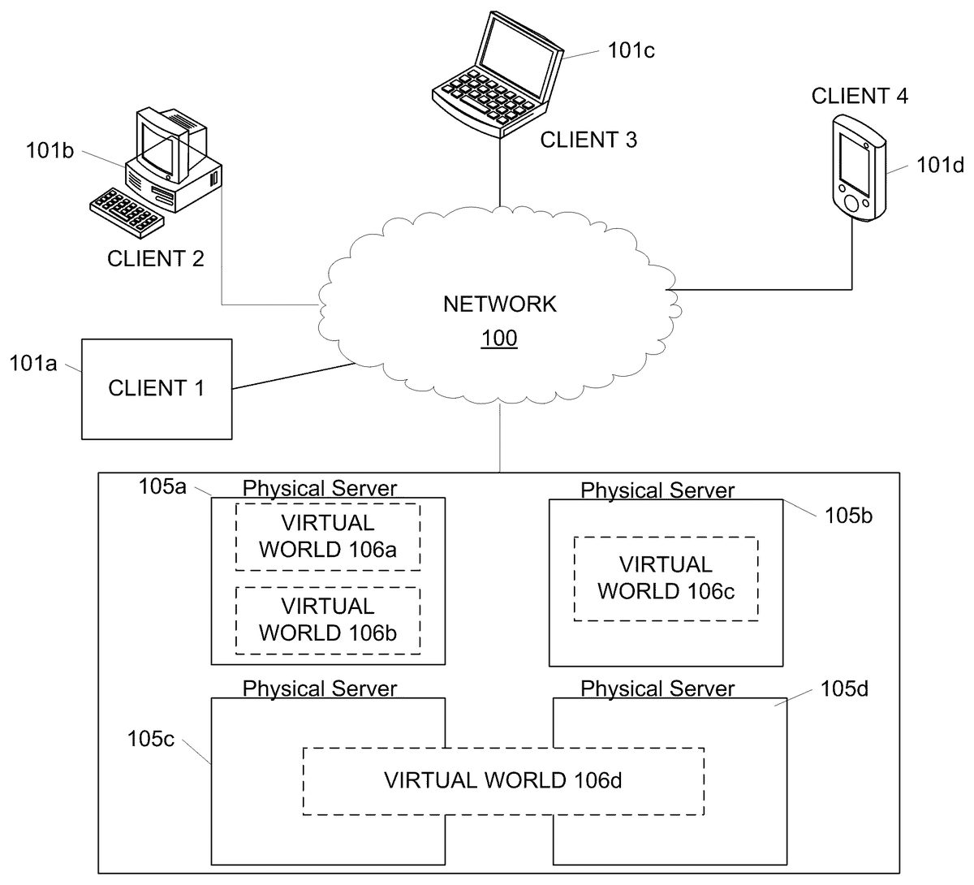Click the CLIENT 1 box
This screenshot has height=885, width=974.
point(156,389)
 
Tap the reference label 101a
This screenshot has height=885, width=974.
point(33,363)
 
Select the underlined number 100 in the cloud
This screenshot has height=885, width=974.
point(499,338)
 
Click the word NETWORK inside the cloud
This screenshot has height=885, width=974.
point(499,304)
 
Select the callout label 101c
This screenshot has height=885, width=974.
point(631,50)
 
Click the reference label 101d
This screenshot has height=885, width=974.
point(940,165)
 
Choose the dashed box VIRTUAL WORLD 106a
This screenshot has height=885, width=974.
point(328,537)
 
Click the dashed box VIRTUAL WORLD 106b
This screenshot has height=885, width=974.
point(328,619)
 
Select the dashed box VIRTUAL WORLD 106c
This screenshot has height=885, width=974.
point(666,578)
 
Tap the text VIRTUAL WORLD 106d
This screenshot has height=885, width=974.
point(502,781)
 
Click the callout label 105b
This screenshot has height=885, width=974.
point(848,515)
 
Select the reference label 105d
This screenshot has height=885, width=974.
point(844,689)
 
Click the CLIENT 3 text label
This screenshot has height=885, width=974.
point(588,140)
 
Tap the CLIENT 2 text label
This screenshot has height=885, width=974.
point(156,259)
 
